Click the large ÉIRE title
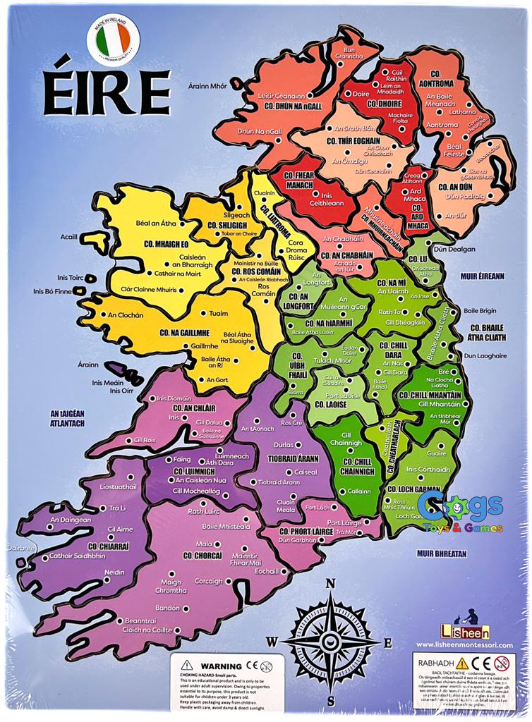(x=107, y=92)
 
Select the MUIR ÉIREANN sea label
(x=483, y=276)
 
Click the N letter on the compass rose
(x=330, y=583)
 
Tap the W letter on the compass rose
(x=272, y=641)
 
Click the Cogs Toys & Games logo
(x=459, y=513)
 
